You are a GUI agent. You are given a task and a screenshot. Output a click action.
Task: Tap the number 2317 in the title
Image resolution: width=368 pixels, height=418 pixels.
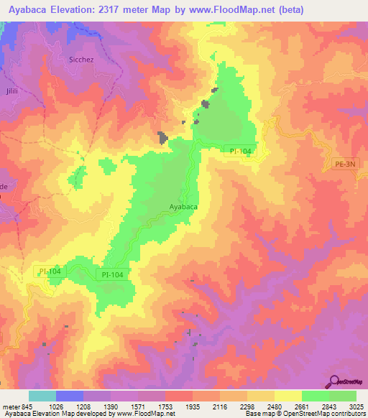pyautogui.click(x=124, y=10)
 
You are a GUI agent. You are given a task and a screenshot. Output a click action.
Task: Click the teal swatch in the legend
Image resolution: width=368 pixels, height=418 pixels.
pyautogui.click(x=42, y=396)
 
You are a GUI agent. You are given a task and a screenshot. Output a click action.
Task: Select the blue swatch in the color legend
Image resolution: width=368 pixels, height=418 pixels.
pyautogui.click(x=70, y=396)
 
